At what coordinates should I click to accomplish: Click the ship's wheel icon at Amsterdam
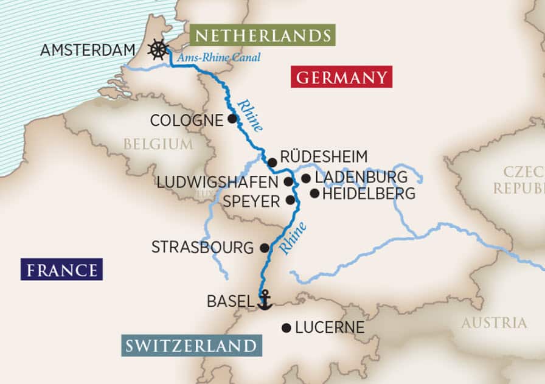click(158, 49)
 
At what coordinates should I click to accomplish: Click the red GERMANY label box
click(341, 77)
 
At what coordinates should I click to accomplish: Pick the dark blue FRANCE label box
click(61, 269)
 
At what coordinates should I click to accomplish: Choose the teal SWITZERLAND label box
click(192, 346)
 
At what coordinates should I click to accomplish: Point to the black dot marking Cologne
click(232, 119)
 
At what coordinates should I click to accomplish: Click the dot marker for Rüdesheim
click(272, 162)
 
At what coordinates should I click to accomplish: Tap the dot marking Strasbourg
click(264, 248)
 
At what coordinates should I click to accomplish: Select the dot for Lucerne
click(286, 327)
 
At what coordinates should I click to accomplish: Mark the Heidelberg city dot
click(314, 194)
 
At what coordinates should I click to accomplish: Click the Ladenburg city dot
click(305, 178)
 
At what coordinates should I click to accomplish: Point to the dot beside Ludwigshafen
click(288, 181)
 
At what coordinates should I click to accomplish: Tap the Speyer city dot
click(290, 199)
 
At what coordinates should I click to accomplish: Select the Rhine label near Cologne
click(251, 115)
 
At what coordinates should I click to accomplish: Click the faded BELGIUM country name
click(158, 144)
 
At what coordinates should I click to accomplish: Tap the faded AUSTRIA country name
click(494, 323)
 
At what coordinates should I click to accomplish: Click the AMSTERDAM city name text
click(87, 50)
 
